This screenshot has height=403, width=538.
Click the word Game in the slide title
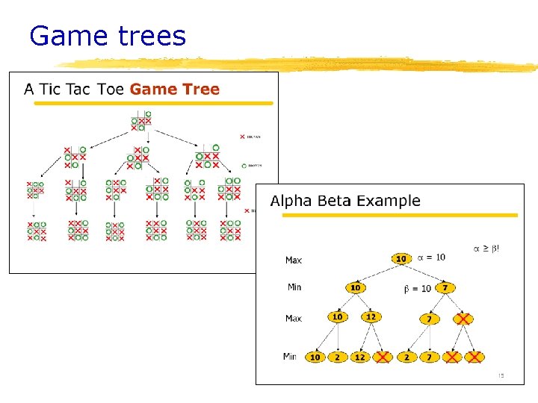65,36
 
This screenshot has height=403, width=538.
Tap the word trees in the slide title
148,36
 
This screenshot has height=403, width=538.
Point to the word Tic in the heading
50,90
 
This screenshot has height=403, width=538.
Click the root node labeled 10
401,258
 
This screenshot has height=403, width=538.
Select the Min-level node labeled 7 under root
445,287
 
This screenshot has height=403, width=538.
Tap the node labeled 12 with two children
371,317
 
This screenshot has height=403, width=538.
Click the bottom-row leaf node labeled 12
360,357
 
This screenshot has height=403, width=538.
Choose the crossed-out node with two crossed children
463,319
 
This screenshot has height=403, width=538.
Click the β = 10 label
417,288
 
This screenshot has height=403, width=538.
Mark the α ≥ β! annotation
486,248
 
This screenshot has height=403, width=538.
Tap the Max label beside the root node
294,260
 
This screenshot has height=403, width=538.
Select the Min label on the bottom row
291,357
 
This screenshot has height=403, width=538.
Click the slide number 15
501,375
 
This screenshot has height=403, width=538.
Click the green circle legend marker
244,166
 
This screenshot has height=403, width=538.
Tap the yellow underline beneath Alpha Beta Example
399,216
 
